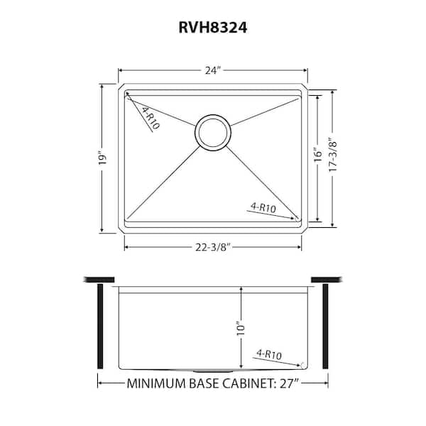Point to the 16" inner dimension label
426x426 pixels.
pyautogui.click(x=317, y=158)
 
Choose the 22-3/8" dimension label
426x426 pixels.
pyautogui.click(x=213, y=247)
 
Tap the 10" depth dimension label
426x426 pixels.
pyautogui.click(x=241, y=328)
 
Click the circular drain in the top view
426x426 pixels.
pyautogui.click(x=212, y=132)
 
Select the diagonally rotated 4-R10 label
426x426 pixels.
pyautogui.click(x=150, y=118)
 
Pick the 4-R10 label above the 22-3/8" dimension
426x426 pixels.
pyautogui.click(x=263, y=207)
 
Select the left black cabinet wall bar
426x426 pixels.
pyautogui.click(x=100, y=326)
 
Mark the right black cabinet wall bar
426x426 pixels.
pyautogui.click(x=325, y=326)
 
